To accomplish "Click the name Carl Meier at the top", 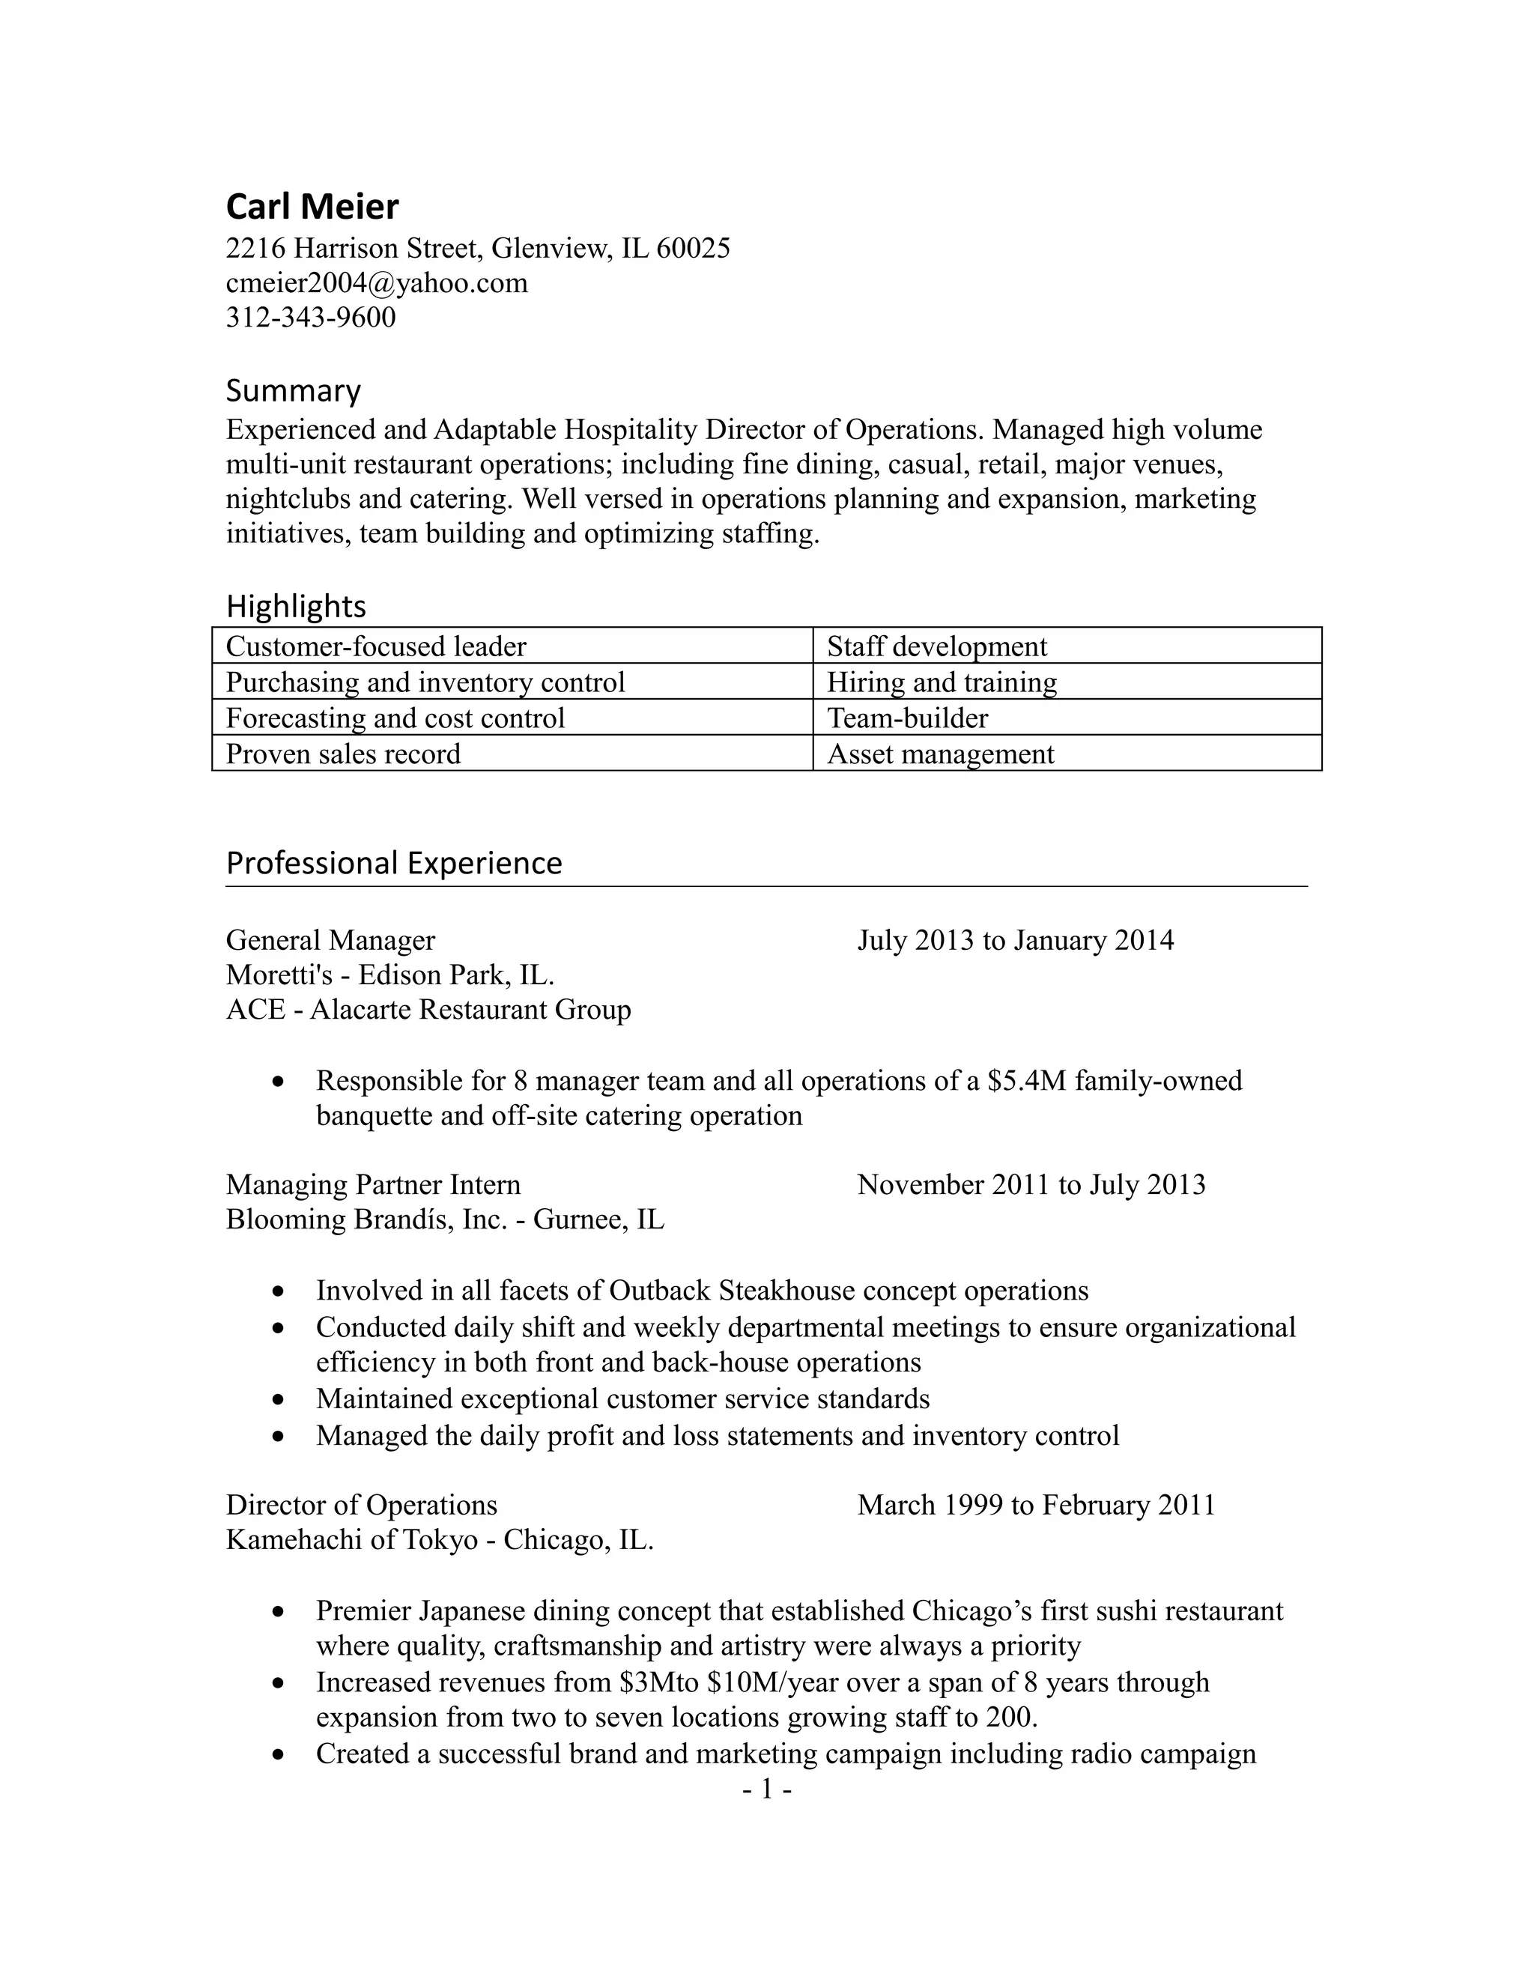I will (312, 207).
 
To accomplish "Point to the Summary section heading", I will (293, 391).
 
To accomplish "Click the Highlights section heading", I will (295, 606).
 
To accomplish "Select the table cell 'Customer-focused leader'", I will (375, 646).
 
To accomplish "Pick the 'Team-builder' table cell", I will (907, 718).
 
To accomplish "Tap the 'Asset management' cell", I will (940, 754).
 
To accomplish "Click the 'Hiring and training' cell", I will (942, 682).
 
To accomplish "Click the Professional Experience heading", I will (393, 862).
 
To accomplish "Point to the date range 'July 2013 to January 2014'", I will (1015, 940).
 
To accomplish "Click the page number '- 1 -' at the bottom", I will (767, 1789).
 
